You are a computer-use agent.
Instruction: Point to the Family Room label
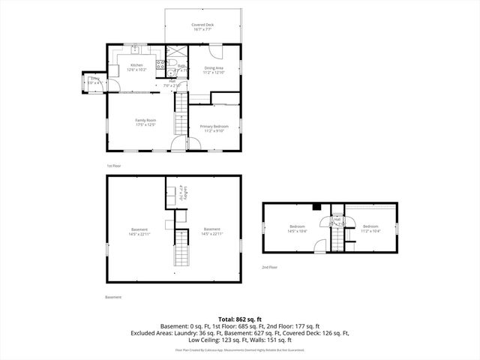tap(145, 121)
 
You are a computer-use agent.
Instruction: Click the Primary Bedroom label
tap(214, 128)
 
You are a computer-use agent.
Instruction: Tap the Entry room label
tap(94, 80)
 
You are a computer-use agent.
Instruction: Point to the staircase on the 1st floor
tap(180, 120)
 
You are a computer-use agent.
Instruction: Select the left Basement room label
tap(139, 231)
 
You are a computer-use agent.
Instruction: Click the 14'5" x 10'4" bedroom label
tap(298, 228)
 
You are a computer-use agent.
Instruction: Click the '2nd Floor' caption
tap(269, 267)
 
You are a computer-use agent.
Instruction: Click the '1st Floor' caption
tap(113, 165)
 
